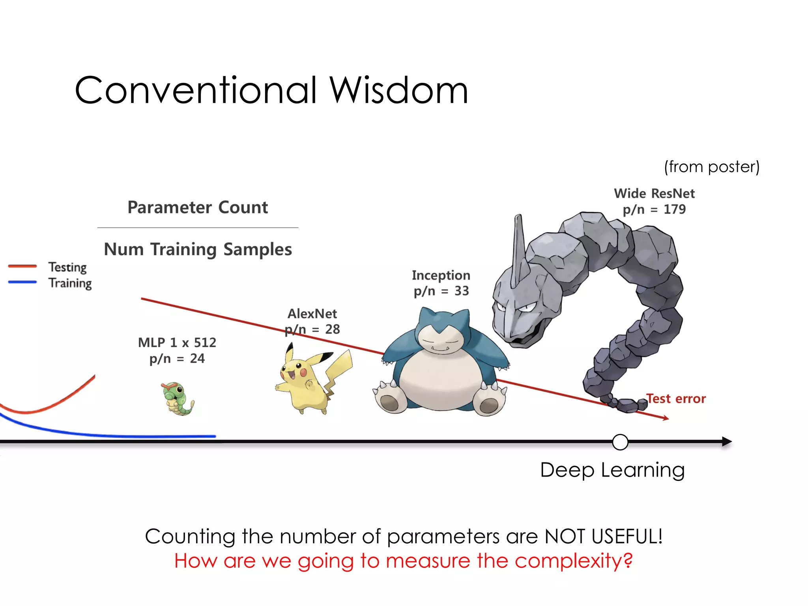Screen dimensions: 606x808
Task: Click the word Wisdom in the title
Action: (398, 91)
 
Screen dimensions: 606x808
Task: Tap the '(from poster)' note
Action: (711, 167)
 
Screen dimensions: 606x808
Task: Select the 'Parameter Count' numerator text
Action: (198, 207)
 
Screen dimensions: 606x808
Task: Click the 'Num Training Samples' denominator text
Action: (198, 249)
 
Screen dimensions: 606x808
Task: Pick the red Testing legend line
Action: (22, 266)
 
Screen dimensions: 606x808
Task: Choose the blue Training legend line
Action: (22, 282)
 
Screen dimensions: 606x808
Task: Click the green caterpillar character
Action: (178, 398)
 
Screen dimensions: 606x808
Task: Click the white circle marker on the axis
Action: (620, 442)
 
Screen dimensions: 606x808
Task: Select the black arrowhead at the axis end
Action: (727, 441)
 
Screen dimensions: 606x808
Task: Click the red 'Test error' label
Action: (676, 399)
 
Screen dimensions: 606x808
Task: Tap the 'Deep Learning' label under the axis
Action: (612, 470)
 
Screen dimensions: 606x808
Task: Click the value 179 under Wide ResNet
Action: (675, 209)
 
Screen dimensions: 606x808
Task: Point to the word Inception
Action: (441, 275)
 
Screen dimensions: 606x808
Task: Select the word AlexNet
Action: (312, 314)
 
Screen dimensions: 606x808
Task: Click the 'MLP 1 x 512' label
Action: (177, 342)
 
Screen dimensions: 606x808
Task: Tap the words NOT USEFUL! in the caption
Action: (603, 537)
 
